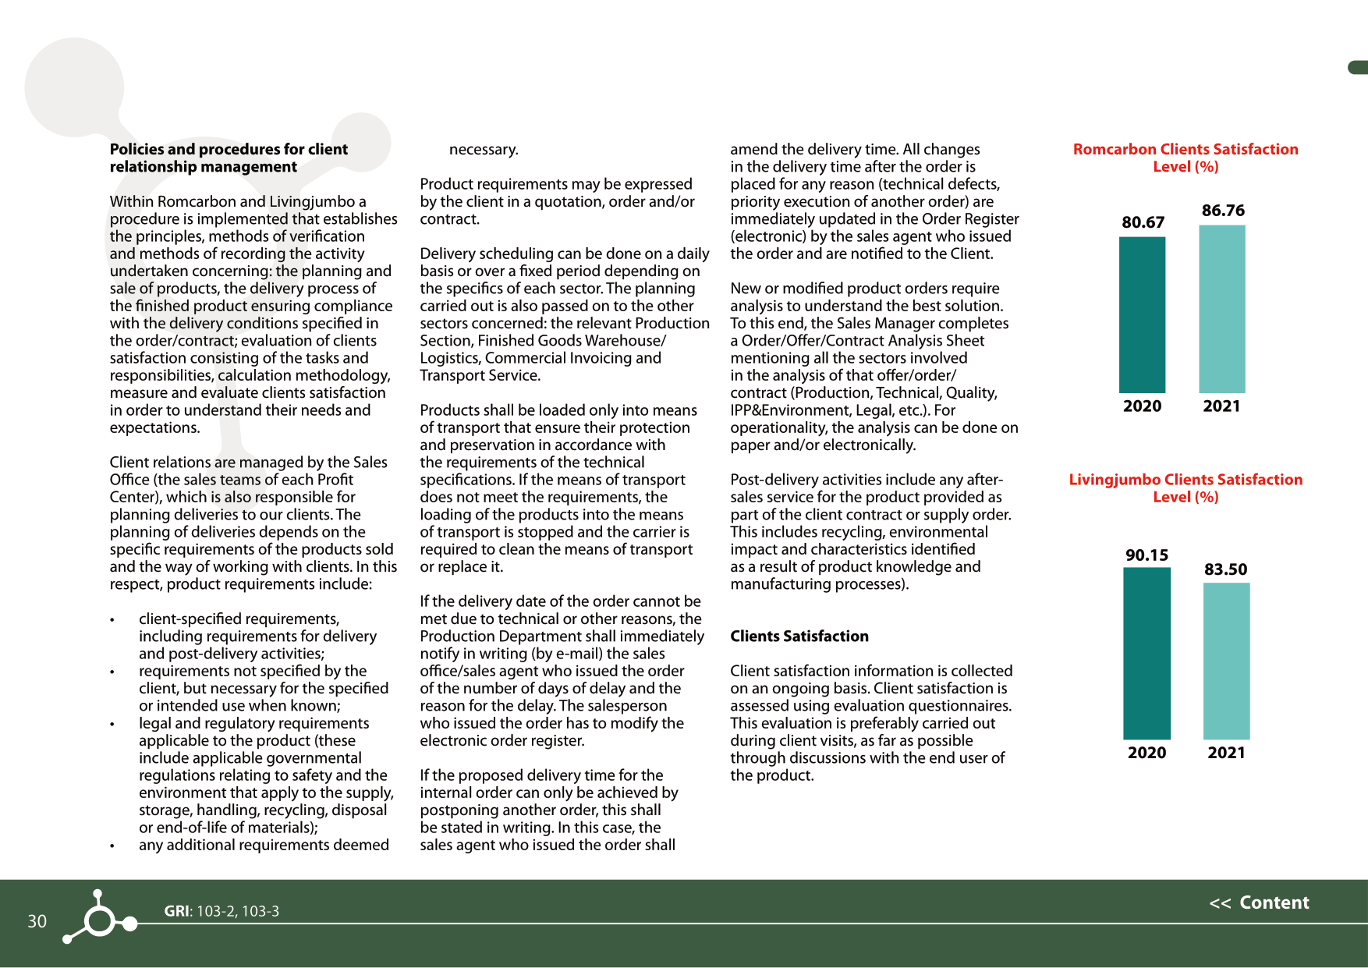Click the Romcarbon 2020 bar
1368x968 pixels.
(x=1142, y=314)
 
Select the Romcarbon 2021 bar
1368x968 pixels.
(x=1221, y=309)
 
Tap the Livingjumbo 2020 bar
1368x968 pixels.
(x=1146, y=653)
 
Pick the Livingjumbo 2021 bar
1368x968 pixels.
(x=1226, y=661)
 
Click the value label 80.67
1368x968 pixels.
(x=1143, y=222)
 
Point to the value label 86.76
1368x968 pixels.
(x=1223, y=211)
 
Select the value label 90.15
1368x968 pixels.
(x=1146, y=555)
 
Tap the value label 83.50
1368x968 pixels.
(x=1225, y=569)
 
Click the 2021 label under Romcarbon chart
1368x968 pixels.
(x=1221, y=406)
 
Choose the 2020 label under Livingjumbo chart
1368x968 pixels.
(x=1146, y=753)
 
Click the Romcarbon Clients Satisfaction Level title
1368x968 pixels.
(x=1185, y=158)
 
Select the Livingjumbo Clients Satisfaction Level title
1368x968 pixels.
(x=1185, y=488)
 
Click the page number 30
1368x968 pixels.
(x=37, y=921)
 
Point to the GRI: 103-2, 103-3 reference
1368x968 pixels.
(x=222, y=911)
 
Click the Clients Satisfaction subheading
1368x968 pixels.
(x=799, y=636)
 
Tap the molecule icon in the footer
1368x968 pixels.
(x=100, y=918)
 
